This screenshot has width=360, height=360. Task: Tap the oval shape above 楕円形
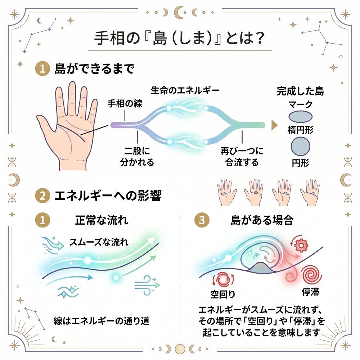300,117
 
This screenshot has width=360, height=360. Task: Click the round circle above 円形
300,147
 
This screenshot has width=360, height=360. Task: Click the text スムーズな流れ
99,241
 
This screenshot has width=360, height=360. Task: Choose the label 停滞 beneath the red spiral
310,291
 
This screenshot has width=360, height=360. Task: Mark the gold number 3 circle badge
201,220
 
